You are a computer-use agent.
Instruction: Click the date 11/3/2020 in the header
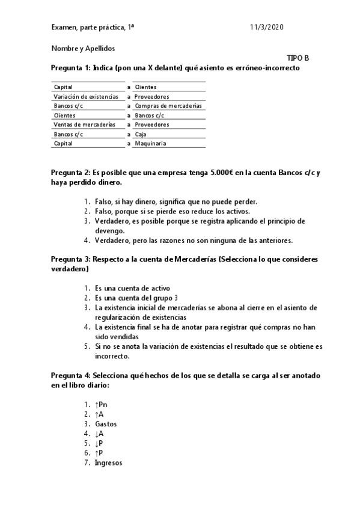(x=266, y=28)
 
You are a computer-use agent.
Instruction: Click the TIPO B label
(x=298, y=58)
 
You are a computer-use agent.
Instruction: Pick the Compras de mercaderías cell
(x=168, y=106)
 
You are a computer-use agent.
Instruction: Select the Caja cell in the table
(x=140, y=134)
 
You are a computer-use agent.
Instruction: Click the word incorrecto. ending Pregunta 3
(x=112, y=356)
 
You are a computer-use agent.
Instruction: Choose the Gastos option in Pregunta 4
(x=106, y=424)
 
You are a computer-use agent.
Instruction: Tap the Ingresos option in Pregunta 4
(x=108, y=462)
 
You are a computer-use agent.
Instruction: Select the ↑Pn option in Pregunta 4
(x=102, y=405)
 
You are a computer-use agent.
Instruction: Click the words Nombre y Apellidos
(x=83, y=48)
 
